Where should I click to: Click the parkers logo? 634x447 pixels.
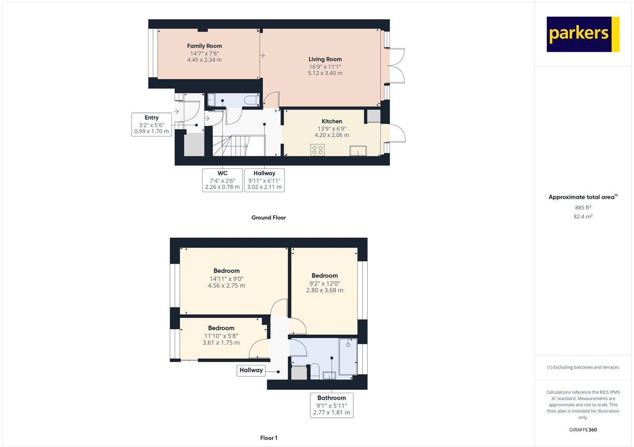coord(582,34)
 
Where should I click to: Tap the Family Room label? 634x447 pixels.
coord(204,46)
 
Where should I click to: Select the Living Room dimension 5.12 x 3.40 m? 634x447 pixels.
coord(325,73)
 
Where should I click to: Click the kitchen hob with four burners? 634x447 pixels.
coord(317,150)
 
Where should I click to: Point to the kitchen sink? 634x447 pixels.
coord(358,151)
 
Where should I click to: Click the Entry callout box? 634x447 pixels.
coord(151,124)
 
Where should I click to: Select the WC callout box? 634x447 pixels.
coord(222,180)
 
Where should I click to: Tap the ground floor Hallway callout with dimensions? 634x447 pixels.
coord(264,180)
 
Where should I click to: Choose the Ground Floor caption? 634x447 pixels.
coord(268,218)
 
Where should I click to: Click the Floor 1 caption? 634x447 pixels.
coord(269,438)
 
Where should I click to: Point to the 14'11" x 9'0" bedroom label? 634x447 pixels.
coord(226,271)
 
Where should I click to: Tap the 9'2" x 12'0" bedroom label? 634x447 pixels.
coord(325,276)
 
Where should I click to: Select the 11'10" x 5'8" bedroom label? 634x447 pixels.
coord(221,328)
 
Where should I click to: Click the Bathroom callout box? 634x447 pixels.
coord(331,405)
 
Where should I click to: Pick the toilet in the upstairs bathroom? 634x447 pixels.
coord(315,371)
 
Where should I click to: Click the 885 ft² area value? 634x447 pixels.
coord(583,208)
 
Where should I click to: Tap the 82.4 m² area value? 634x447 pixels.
coord(583,217)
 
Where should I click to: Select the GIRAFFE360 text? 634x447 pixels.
coord(583,430)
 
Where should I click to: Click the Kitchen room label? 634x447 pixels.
coord(332,121)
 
